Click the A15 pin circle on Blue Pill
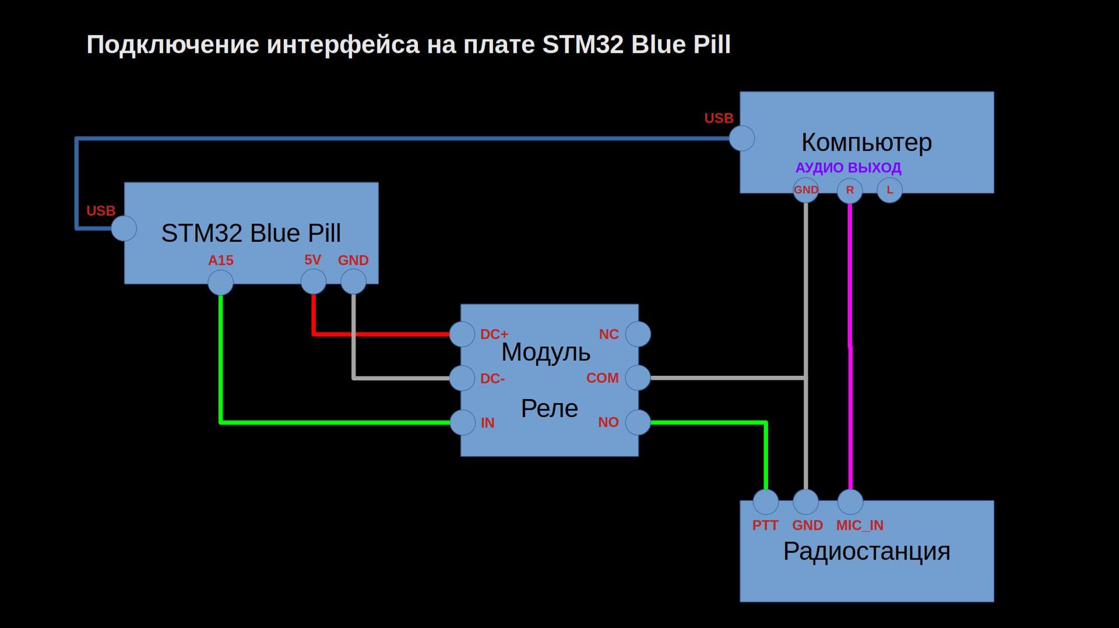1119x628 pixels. [x=220, y=283]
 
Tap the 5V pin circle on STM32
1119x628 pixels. [x=314, y=282]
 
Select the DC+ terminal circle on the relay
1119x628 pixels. [x=462, y=334]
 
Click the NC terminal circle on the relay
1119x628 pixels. [x=638, y=334]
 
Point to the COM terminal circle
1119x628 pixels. [x=638, y=378]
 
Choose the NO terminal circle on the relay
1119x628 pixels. [x=638, y=422]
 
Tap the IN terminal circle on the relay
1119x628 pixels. [x=463, y=422]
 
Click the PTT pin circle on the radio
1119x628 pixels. [x=766, y=502]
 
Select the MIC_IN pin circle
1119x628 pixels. [x=850, y=502]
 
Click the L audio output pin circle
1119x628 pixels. [x=889, y=190]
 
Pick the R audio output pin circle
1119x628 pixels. [x=850, y=190]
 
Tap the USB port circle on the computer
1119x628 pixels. [x=742, y=139]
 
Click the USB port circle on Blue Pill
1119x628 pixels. [x=124, y=228]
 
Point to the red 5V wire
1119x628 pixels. [x=379, y=334]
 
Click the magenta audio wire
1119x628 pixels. [x=850, y=350]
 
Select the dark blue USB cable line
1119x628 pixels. [x=408, y=139]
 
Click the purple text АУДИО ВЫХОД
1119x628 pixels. [x=848, y=168]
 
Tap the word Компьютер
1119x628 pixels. [x=867, y=142]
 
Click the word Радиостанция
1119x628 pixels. [x=867, y=551]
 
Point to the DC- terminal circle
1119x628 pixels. [x=462, y=378]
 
